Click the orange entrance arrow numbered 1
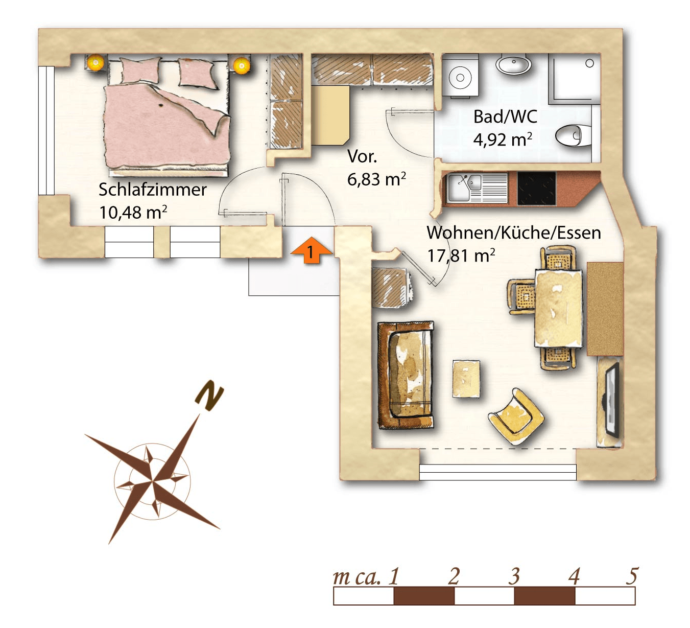[311, 250]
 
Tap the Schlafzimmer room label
[152, 190]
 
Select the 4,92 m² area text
[503, 139]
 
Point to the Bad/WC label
[505, 117]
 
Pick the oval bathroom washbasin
[514, 64]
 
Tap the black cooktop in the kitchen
[536, 189]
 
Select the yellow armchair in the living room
[516, 416]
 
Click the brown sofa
[406, 375]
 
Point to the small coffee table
[466, 379]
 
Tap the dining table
[559, 308]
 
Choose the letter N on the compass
[209, 396]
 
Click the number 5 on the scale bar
[632, 576]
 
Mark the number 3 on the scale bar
[514, 576]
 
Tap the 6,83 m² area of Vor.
[376, 179]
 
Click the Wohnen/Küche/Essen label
[514, 232]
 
